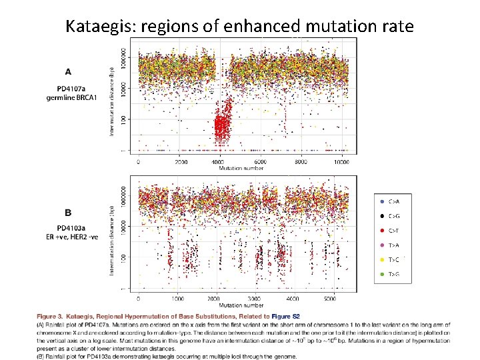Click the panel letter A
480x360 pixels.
point(68,71)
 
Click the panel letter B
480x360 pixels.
point(68,213)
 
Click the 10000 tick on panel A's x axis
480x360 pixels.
point(343,162)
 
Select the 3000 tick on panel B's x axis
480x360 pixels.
point(253,299)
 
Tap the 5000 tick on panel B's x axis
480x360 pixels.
point(331,299)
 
